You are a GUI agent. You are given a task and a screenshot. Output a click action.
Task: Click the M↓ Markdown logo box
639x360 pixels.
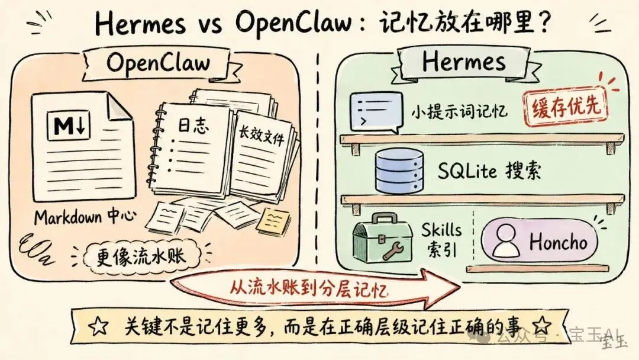pos(69,126)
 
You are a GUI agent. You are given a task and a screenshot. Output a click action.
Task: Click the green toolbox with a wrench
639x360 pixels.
pos(382,239)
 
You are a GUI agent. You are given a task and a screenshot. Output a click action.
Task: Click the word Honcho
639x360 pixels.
pos(559,242)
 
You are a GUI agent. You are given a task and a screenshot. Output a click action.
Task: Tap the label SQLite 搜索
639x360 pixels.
pos(489,171)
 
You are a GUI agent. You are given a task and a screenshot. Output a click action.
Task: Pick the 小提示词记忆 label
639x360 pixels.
pos(459,111)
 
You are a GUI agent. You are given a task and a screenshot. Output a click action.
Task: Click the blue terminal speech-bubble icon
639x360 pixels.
pos(376,112)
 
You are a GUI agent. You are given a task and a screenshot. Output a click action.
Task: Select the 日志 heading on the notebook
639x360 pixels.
pos(193,126)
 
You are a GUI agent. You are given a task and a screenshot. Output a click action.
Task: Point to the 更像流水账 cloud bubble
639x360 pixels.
pos(141,256)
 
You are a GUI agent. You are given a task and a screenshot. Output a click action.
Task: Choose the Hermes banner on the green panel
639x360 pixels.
pos(464,62)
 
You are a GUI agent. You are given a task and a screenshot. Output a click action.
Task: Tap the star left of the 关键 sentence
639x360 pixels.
pos(99,326)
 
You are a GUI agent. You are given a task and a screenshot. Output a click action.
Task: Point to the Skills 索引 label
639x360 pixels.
pos(441,239)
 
